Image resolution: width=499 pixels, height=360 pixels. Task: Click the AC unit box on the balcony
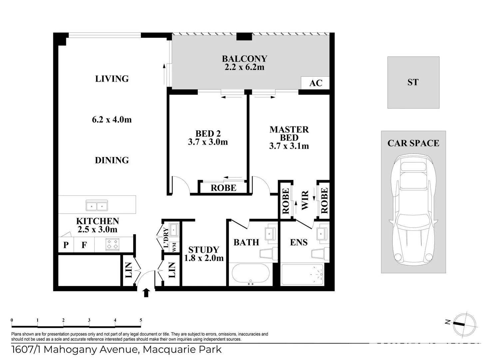pyautogui.click(x=315, y=83)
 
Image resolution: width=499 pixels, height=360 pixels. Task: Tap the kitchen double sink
pyautogui.click(x=97, y=205)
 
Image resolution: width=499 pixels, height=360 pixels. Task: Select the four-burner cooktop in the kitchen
pyautogui.click(x=112, y=244)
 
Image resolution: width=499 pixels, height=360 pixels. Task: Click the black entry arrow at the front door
pyautogui.click(x=146, y=293)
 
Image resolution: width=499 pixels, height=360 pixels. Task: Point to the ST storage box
pyautogui.click(x=413, y=82)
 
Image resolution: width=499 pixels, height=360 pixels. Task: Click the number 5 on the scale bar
pyautogui.click(x=141, y=320)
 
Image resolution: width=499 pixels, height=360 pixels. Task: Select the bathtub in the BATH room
pyautogui.click(x=250, y=275)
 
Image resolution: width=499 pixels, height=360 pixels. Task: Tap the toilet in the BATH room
pyautogui.click(x=268, y=254)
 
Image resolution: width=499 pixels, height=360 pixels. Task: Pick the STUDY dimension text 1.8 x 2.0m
pyautogui.click(x=204, y=258)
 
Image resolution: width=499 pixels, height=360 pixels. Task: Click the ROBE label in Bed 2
pyautogui.click(x=224, y=188)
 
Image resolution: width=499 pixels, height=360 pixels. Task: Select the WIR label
pyautogui.click(x=305, y=200)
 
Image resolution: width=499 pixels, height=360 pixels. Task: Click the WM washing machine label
pyautogui.click(x=174, y=247)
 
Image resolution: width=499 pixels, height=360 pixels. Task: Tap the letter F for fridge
pyautogui.click(x=84, y=245)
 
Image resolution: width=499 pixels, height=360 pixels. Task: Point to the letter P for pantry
pyautogui.click(x=66, y=245)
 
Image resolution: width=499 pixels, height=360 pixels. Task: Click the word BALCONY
pyautogui.click(x=245, y=59)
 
